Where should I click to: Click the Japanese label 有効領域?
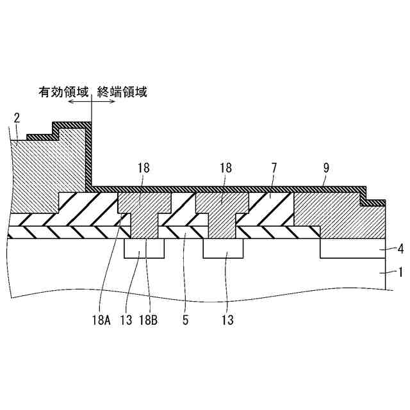pyautogui.click(x=63, y=92)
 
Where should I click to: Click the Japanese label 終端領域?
pyautogui.click(x=122, y=92)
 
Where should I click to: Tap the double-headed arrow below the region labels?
pyautogui.click(x=92, y=102)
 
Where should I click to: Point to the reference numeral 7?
pyautogui.click(x=274, y=168)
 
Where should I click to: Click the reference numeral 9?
pyautogui.click(x=326, y=168)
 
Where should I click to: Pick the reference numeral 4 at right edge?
pyautogui.click(x=399, y=248)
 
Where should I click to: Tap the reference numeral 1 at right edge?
pyautogui.click(x=399, y=272)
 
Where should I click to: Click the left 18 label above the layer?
pyautogui.click(x=143, y=168)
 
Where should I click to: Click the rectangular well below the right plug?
pyautogui.click(x=223, y=249)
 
